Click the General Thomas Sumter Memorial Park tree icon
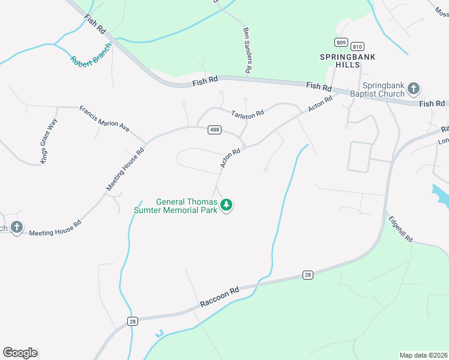pyautogui.click(x=226, y=206)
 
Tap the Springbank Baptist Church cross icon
pyautogui.click(x=413, y=89)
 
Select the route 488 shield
pyautogui.click(x=214, y=130)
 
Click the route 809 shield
pyautogui.click(x=341, y=42)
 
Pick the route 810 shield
pyautogui.click(x=358, y=46)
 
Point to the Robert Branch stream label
pyautogui.click(x=91, y=54)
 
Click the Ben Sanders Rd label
pyautogui.click(x=246, y=50)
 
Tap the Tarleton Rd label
pyautogui.click(x=248, y=113)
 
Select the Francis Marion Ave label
pyautogui.click(x=104, y=118)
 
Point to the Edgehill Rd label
pyautogui.click(x=400, y=229)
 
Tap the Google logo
pyautogui.click(x=20, y=353)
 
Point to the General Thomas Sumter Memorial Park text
pyautogui.click(x=183, y=206)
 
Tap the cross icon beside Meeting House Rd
pyautogui.click(x=16, y=227)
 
